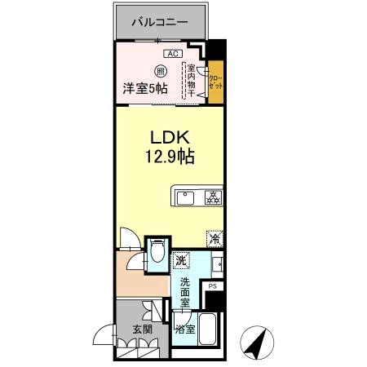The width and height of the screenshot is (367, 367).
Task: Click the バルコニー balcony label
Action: [161, 23]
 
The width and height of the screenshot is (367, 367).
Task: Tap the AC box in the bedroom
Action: [172, 54]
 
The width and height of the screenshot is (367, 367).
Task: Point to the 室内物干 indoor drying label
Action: [192, 82]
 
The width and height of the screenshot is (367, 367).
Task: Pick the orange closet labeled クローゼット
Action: [215, 82]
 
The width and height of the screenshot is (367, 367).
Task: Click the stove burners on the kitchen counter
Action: [212, 197]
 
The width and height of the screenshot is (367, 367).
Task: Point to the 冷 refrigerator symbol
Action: [214, 240]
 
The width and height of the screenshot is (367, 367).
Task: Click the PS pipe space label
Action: [213, 286]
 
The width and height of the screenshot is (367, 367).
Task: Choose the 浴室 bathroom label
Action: [184, 329]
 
